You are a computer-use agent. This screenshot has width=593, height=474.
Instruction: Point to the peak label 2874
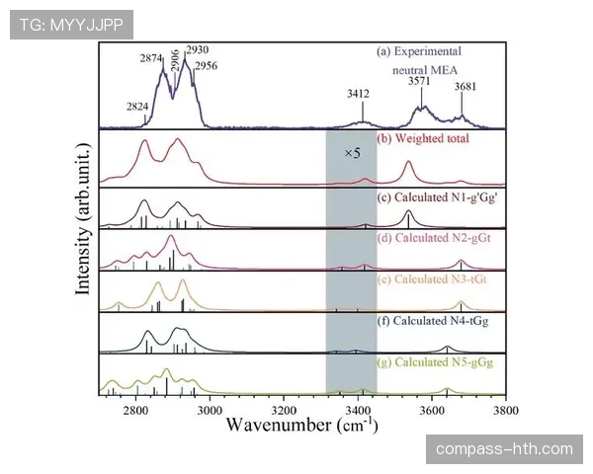click(151, 59)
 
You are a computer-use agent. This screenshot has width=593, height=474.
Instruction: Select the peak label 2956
click(206, 66)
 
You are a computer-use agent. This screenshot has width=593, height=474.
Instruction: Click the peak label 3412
click(358, 94)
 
